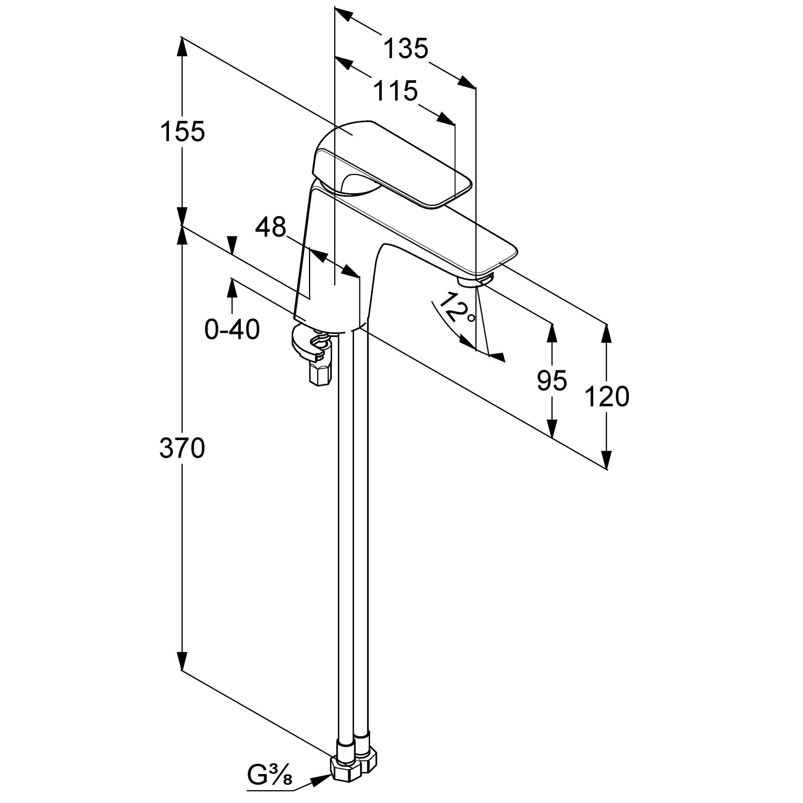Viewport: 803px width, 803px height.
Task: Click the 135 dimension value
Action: tap(405, 48)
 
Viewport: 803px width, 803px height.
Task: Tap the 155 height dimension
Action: tap(183, 132)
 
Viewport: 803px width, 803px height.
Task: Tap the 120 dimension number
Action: tap(607, 396)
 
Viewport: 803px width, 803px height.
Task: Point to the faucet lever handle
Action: tap(395, 166)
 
